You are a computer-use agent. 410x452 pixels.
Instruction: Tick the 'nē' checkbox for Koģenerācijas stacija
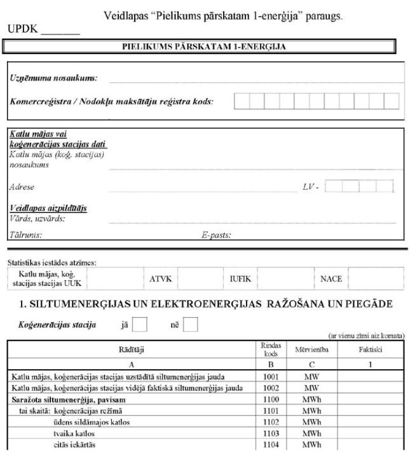click(190, 325)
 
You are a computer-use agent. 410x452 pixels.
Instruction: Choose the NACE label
click(331, 279)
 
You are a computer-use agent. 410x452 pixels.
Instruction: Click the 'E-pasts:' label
click(216, 234)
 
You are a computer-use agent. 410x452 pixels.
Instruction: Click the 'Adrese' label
click(22, 187)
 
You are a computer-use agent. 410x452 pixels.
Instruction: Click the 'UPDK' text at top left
click(20, 30)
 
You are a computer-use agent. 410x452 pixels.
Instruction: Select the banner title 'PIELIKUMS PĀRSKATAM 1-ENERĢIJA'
click(204, 46)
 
